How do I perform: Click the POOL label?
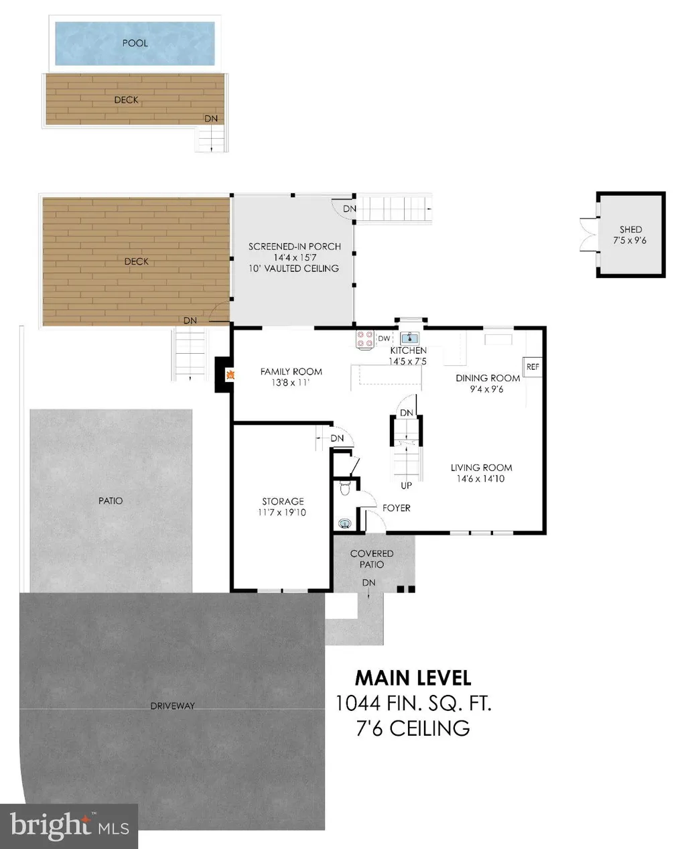135,43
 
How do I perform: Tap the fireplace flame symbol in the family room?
230,375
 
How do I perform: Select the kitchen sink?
409,338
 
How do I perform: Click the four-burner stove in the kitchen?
364,339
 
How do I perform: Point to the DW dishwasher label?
384,338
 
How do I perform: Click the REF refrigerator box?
532,367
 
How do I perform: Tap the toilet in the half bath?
345,488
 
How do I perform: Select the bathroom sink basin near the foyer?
344,523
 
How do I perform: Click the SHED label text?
630,230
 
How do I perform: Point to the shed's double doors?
589,235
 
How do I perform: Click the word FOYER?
396,508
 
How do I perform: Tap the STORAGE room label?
283,501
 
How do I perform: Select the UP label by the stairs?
406,486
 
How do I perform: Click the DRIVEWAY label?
172,706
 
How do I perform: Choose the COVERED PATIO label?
372,559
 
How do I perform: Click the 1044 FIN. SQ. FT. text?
413,704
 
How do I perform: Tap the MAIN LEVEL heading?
413,678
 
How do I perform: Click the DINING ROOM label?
488,378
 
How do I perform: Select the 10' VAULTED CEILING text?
293,268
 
